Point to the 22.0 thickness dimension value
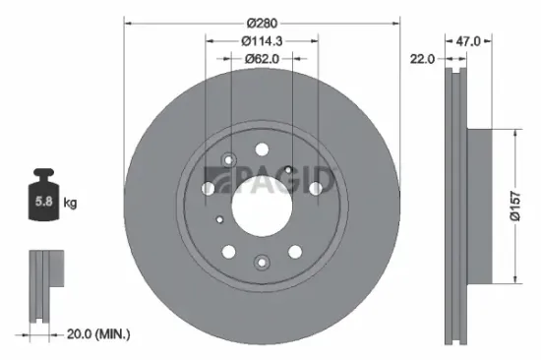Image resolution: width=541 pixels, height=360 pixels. pos(422,59)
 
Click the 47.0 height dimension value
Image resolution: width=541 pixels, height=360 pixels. pos(467,40)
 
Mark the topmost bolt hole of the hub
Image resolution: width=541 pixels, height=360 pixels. pos(262,149)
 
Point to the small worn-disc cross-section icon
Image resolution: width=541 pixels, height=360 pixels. pos(43,285)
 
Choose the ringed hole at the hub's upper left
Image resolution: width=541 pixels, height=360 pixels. pos(229,159)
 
